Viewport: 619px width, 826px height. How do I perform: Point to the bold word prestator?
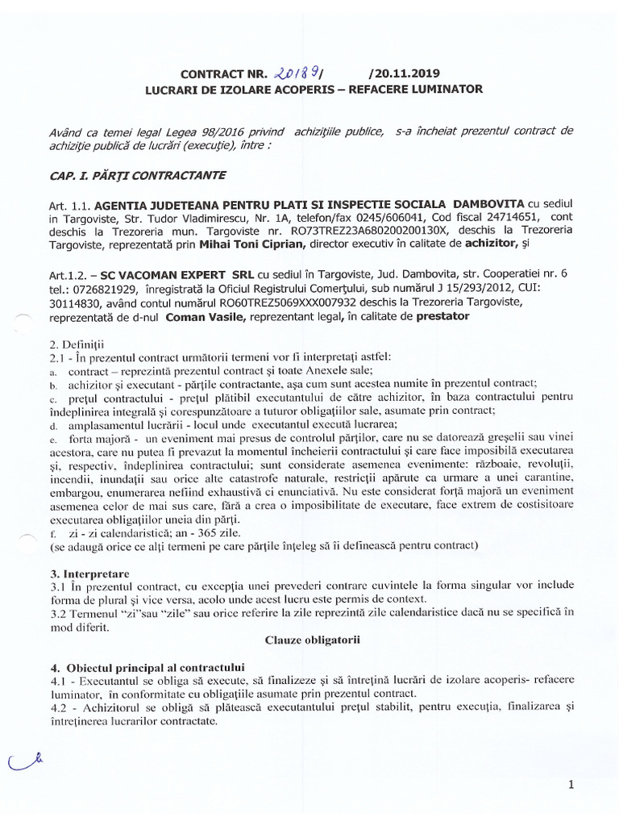tap(442, 317)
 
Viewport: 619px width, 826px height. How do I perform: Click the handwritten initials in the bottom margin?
tap(24, 760)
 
